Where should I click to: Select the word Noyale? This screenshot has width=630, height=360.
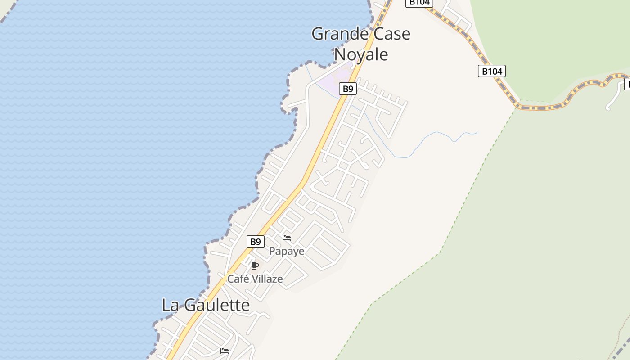tap(361, 54)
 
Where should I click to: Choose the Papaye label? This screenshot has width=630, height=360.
tap(287, 251)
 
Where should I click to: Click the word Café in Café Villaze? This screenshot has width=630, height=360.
tap(238, 279)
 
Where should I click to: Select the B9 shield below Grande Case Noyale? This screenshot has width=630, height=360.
tap(348, 89)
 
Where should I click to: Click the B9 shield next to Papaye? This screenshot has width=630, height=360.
tap(256, 242)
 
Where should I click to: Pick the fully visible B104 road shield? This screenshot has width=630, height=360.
tap(492, 71)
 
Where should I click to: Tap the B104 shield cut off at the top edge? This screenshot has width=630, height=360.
tap(419, 3)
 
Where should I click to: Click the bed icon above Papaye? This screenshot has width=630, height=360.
tap(287, 238)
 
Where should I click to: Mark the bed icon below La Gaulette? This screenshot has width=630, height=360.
tap(225, 351)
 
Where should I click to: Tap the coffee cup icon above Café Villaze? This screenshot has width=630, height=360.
tap(255, 265)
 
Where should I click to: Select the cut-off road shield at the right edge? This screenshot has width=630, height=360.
tap(627, 84)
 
